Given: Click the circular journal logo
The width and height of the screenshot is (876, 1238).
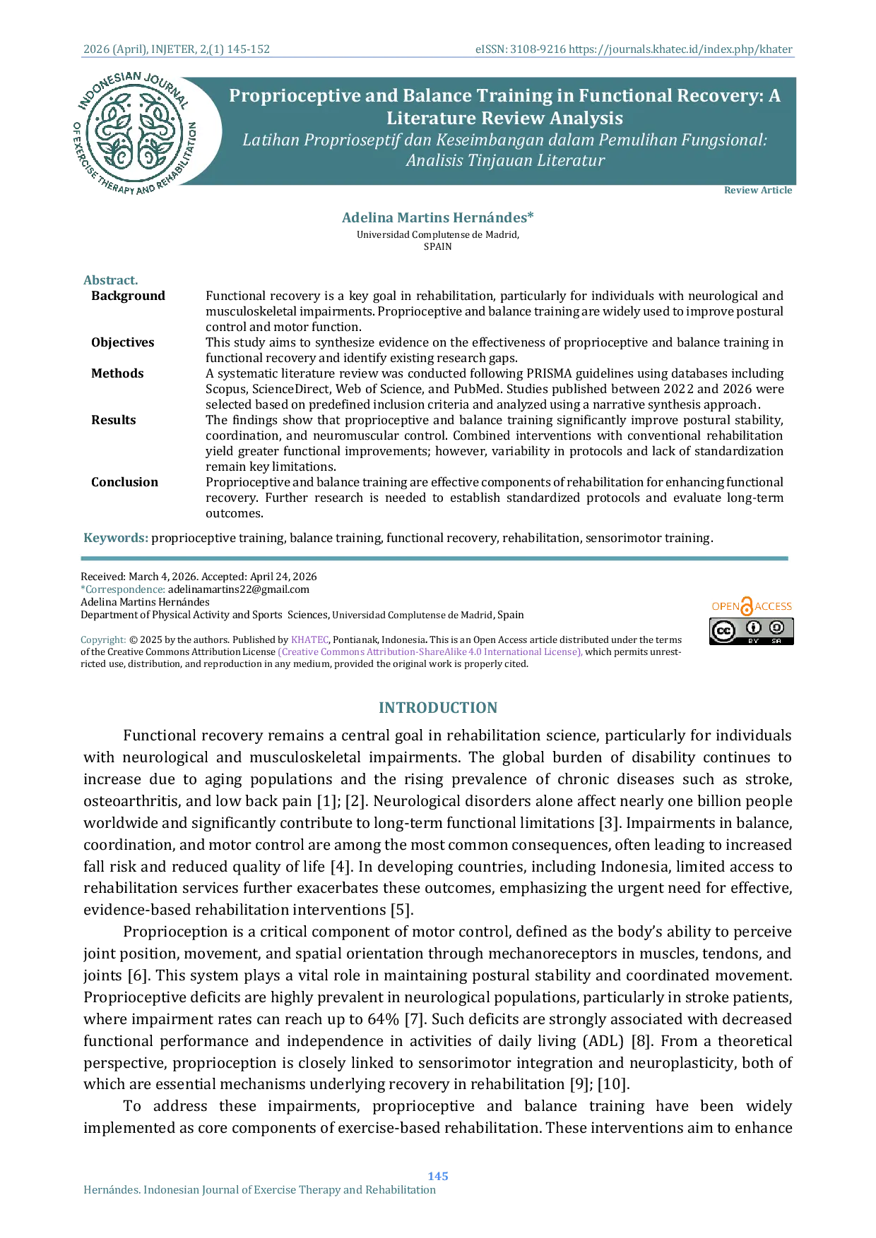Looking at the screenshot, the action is pos(135,133).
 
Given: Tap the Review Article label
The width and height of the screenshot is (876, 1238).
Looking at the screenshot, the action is pos(758,190).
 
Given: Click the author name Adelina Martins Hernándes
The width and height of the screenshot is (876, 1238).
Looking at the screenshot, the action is pos(438,217).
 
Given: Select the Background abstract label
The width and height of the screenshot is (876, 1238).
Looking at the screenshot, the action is pos(128,296).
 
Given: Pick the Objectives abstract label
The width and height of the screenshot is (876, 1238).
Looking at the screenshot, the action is pos(122,342).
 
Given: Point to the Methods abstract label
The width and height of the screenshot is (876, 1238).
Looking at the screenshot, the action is pos(117,373).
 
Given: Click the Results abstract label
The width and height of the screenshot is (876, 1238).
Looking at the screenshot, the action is pos(113,420).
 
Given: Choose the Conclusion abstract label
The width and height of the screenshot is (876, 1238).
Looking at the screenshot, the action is pos(124,482).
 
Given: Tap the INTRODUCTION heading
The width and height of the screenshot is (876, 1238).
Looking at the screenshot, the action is pos(438,708).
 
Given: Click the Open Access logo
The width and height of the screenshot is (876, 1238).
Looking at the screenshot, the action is pos(752,606).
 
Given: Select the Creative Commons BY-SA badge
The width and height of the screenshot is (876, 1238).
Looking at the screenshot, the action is pos(752,631).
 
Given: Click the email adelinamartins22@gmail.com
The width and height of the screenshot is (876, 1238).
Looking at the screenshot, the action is pos(239,589).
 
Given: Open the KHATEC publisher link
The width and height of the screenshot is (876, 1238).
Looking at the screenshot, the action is pos(309,639).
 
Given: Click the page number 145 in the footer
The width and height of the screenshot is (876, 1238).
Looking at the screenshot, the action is pos(438,1176).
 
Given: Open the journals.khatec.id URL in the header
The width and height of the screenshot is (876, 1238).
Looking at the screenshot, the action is pos(680,49).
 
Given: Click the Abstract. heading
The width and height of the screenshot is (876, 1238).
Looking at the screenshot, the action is pos(111,280).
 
